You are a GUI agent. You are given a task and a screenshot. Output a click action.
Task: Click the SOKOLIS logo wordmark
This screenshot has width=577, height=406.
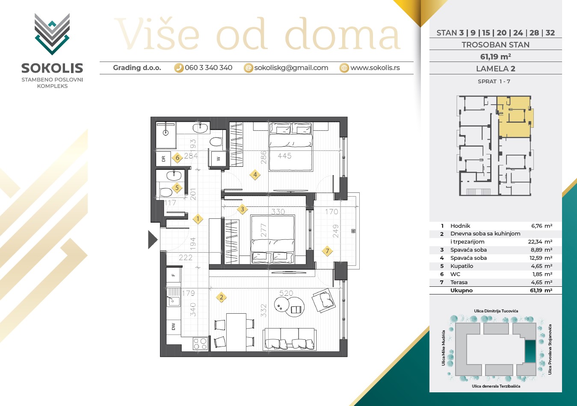point(52,68)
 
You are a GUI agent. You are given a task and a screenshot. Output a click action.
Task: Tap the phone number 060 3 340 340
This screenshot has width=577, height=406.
point(208,68)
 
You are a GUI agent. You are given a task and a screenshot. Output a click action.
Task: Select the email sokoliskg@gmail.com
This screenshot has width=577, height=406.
point(291,68)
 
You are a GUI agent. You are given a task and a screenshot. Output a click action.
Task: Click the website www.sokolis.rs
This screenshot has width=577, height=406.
point(375,68)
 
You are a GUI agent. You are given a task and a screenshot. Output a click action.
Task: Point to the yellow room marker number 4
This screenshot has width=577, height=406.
point(255,175)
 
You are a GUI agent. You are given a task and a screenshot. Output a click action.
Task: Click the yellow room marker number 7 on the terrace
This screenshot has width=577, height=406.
point(327,251)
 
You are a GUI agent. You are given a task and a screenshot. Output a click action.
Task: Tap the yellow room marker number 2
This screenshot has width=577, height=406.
point(221,297)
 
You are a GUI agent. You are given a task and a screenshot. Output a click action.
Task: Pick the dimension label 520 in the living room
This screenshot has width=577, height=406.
point(286,293)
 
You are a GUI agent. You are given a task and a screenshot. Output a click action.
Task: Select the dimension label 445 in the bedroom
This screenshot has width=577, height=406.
point(284,156)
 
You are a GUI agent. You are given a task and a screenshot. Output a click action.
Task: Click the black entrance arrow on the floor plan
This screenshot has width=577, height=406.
point(152,240)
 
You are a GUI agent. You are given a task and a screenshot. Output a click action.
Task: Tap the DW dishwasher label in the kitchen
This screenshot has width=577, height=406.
point(173,327)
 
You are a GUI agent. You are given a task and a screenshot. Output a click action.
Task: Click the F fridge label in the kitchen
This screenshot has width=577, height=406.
point(173,275)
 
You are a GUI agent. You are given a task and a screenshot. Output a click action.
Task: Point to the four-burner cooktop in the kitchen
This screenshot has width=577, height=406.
point(200,344)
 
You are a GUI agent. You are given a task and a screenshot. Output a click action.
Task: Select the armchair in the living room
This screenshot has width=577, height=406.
point(323,300)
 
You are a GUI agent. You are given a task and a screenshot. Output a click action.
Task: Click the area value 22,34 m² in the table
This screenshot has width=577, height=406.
point(540,242)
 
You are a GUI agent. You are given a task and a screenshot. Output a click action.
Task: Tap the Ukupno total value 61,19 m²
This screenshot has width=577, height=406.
point(541,291)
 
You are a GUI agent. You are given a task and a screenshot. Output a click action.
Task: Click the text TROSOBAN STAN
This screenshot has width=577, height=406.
point(495,45)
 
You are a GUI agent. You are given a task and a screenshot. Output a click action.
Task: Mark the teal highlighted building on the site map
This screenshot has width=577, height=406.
point(530,351)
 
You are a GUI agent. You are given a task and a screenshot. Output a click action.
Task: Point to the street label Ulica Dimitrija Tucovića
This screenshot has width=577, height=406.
point(496,311)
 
